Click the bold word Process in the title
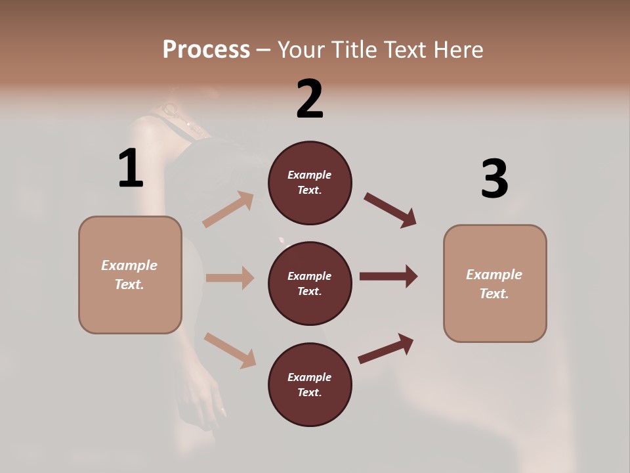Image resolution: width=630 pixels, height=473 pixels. tap(206, 50)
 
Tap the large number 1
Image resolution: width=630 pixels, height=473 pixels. tap(131, 169)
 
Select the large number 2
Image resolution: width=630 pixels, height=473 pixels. tap(310, 99)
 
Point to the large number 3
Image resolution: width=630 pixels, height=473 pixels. tap(494, 179)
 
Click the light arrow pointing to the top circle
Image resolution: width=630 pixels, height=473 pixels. tap(228, 210)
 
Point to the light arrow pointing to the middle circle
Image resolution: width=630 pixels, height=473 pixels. tap(230, 278)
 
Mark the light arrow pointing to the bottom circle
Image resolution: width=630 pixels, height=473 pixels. tap(230, 350)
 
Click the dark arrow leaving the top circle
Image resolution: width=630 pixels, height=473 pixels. tap(390, 210)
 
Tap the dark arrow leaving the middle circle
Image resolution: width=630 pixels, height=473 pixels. tap(388, 276)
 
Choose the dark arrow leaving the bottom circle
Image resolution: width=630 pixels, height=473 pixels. tap(386, 349)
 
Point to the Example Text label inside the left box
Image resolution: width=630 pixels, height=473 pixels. tap(129, 275)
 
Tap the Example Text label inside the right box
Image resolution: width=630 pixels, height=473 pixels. tap(494, 284)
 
